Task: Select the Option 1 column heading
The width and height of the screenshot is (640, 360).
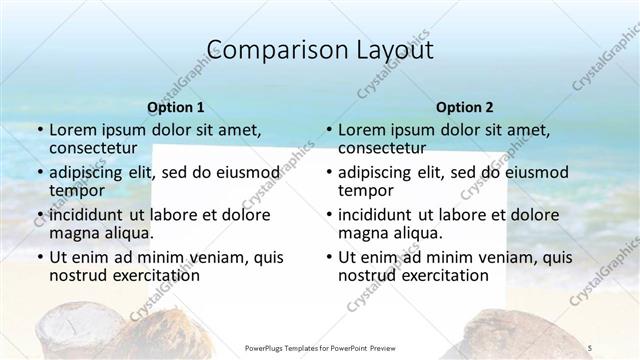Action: coord(175,107)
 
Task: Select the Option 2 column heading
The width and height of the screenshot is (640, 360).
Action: coord(464,107)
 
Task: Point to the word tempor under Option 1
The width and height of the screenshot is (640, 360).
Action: coord(77,190)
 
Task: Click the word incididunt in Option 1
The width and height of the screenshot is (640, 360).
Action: coord(91,215)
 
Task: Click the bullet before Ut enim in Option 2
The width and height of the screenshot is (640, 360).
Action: coord(328,257)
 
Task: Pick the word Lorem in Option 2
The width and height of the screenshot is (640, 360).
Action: coord(362,130)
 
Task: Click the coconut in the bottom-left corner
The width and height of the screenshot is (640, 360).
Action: coord(70,325)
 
